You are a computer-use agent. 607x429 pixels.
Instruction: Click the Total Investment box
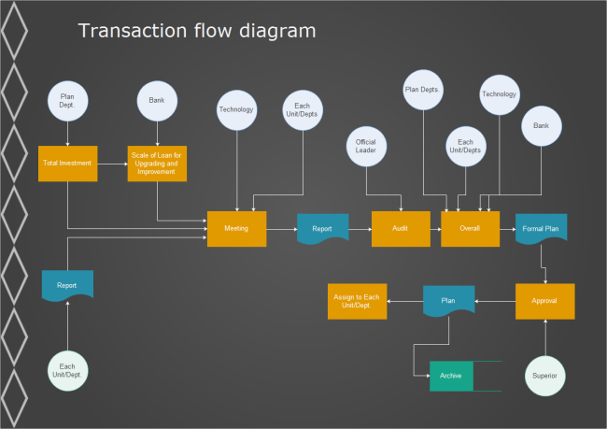[67, 163]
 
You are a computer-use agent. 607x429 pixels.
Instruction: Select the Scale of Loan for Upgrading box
[157, 163]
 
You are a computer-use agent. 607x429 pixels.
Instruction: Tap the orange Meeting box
[236, 229]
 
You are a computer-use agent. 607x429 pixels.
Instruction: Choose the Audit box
[401, 229]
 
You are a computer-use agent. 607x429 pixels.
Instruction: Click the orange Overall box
[470, 229]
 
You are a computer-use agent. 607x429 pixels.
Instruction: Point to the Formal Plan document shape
[541, 228]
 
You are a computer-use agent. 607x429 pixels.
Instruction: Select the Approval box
[544, 301]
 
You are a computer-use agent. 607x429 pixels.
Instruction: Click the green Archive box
[451, 376]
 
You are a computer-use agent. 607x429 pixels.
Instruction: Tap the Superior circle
[545, 376]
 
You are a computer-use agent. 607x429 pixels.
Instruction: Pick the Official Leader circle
[366, 147]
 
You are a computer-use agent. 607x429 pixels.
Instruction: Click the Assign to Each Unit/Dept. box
[357, 301]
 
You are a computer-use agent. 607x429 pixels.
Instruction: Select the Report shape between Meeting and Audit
[322, 228]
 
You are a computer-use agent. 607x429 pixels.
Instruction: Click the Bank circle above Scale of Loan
[157, 100]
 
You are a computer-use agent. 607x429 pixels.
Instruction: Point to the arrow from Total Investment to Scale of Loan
[111, 163]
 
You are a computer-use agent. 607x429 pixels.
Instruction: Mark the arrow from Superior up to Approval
[545, 337]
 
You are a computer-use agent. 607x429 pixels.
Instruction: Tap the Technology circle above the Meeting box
[236, 110]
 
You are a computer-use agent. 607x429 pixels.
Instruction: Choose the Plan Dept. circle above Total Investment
[67, 100]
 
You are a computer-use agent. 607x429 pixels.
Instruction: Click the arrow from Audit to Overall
[435, 229]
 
